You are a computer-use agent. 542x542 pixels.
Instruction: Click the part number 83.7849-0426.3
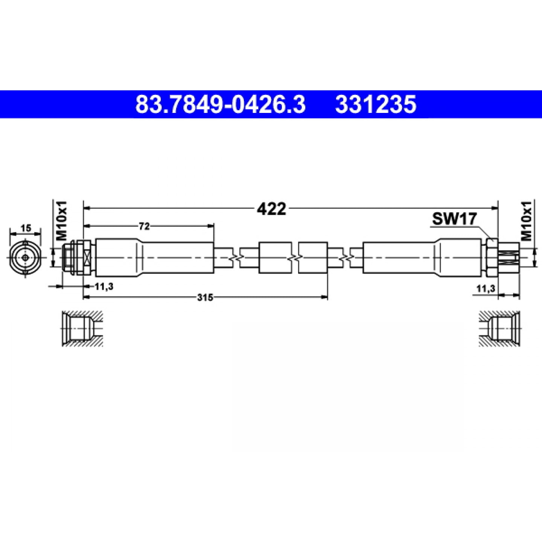[x=220, y=104]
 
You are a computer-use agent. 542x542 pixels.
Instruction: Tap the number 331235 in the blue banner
[x=376, y=104]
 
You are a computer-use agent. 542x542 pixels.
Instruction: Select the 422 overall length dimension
[x=271, y=209]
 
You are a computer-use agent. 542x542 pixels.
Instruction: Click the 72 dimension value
[x=144, y=226]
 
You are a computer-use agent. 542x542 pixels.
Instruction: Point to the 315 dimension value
[x=205, y=297]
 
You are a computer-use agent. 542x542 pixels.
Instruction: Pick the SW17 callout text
[x=454, y=219]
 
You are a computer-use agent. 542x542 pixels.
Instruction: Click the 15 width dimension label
[x=26, y=228]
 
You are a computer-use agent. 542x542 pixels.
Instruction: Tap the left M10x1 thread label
[x=62, y=221]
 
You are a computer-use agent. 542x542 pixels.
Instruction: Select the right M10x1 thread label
[x=526, y=221]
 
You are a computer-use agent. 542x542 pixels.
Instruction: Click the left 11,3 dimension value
[x=104, y=286]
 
